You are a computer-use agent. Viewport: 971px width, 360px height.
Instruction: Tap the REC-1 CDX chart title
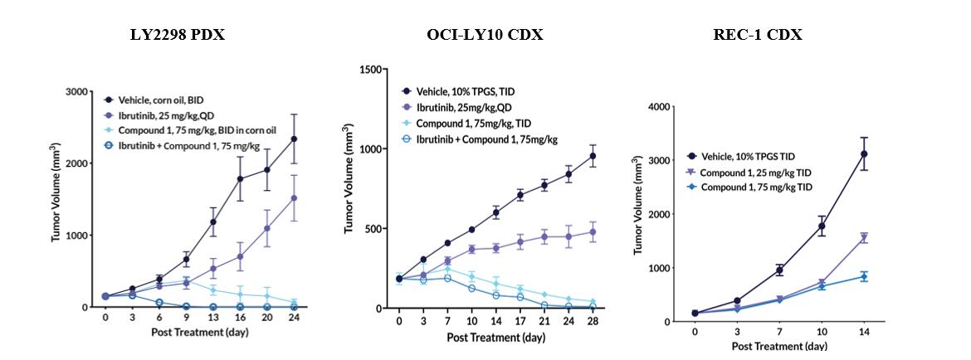point(757,35)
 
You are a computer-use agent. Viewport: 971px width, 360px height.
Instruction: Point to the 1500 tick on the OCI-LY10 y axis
point(369,69)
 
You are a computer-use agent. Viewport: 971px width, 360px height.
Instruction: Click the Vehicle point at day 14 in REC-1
point(864,153)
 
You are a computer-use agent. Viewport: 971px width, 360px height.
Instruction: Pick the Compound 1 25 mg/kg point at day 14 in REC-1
point(864,237)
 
